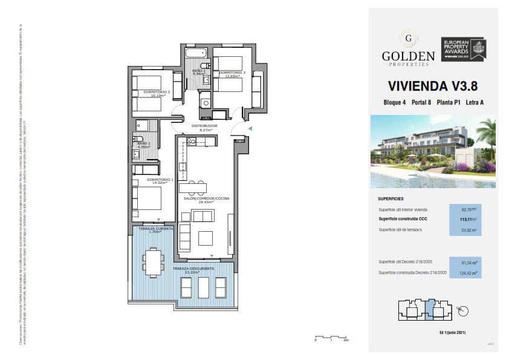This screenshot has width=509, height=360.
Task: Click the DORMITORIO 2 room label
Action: pos(152,93)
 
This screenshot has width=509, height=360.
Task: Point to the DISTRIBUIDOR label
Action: pos(204,126)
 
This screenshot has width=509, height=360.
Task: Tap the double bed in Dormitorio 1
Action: pos(149,198)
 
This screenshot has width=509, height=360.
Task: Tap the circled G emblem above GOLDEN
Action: pos(408,38)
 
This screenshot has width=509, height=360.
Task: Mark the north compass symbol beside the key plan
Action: pos(463,311)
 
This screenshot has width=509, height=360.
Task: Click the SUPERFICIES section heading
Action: pos(391,198)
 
